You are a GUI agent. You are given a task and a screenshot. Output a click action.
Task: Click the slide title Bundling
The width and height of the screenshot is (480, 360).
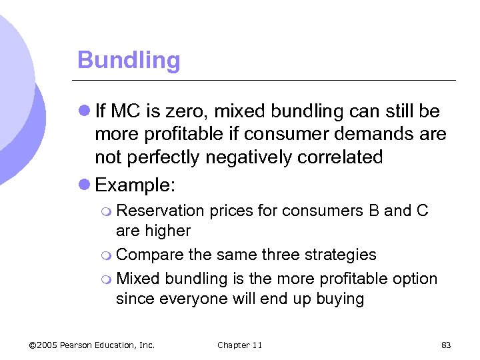coord(129,61)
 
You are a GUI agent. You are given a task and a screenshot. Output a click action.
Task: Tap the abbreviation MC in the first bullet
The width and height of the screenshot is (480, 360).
coord(124,111)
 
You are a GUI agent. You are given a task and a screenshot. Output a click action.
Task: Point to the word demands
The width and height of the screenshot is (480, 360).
coord(375,134)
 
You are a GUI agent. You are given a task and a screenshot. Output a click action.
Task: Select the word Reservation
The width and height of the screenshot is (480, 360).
coord(160,211)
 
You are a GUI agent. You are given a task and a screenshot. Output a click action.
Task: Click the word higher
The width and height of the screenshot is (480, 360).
coord(164,231)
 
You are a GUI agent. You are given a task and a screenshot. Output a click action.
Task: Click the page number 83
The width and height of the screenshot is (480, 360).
coord(446,345)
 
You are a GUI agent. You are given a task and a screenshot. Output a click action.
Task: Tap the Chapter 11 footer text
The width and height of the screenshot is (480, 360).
coord(239,345)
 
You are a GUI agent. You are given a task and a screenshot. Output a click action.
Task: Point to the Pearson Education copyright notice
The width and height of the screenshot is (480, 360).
coord(92,345)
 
